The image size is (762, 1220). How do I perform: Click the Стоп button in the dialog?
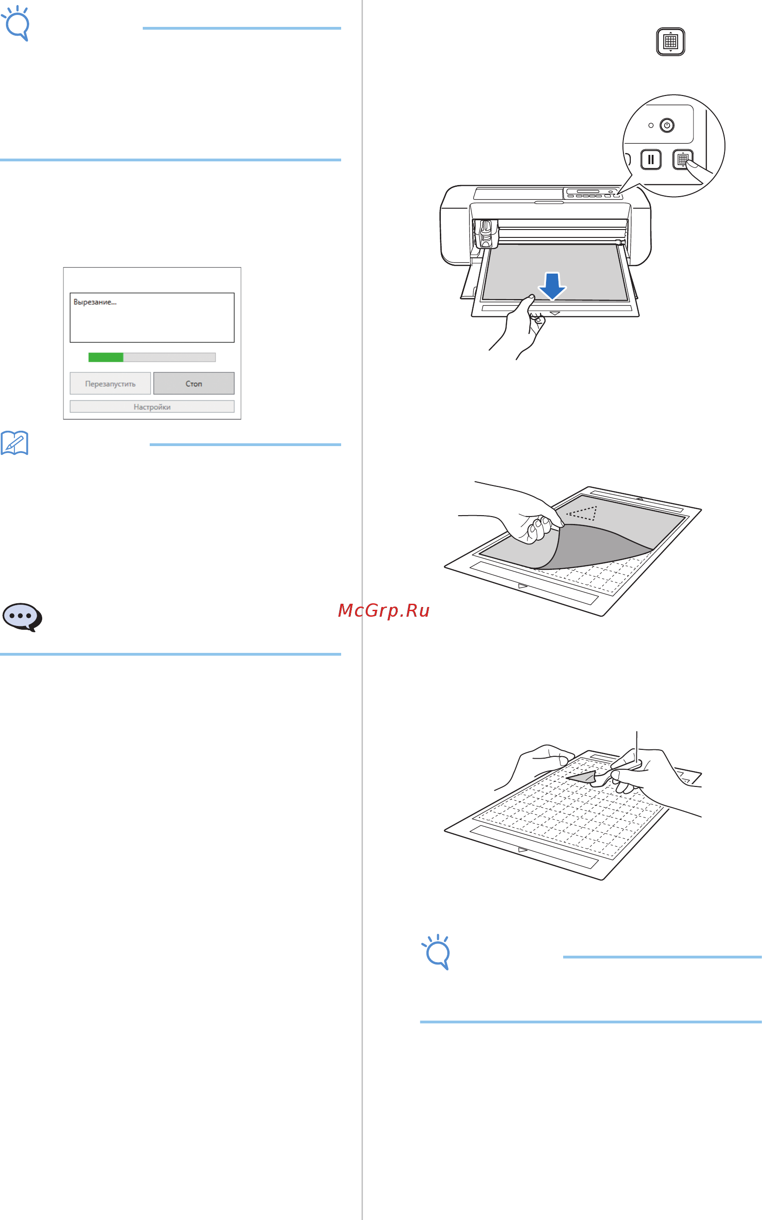coord(194,383)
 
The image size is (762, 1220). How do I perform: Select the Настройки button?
coord(152,407)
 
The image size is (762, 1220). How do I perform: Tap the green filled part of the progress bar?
coord(106,358)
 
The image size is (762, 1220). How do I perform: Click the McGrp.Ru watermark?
coord(383,611)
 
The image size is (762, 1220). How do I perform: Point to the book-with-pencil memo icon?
coord(15,443)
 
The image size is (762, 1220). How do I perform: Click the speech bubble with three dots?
coord(22,617)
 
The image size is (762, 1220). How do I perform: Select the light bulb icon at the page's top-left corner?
coord(16,23)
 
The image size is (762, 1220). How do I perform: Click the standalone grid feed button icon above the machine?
coord(670,41)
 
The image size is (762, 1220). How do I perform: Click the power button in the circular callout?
coord(667,125)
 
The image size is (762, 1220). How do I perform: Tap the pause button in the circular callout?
coord(651,160)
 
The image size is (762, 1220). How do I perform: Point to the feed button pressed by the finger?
coord(682,160)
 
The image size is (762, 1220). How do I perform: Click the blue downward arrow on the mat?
coord(552,285)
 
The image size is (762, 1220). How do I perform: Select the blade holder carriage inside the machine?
coord(486,233)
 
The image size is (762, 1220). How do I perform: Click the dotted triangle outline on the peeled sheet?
coord(583,513)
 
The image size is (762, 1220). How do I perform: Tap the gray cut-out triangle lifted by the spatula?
coord(583,777)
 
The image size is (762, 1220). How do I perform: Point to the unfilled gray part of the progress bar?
coord(169,358)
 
